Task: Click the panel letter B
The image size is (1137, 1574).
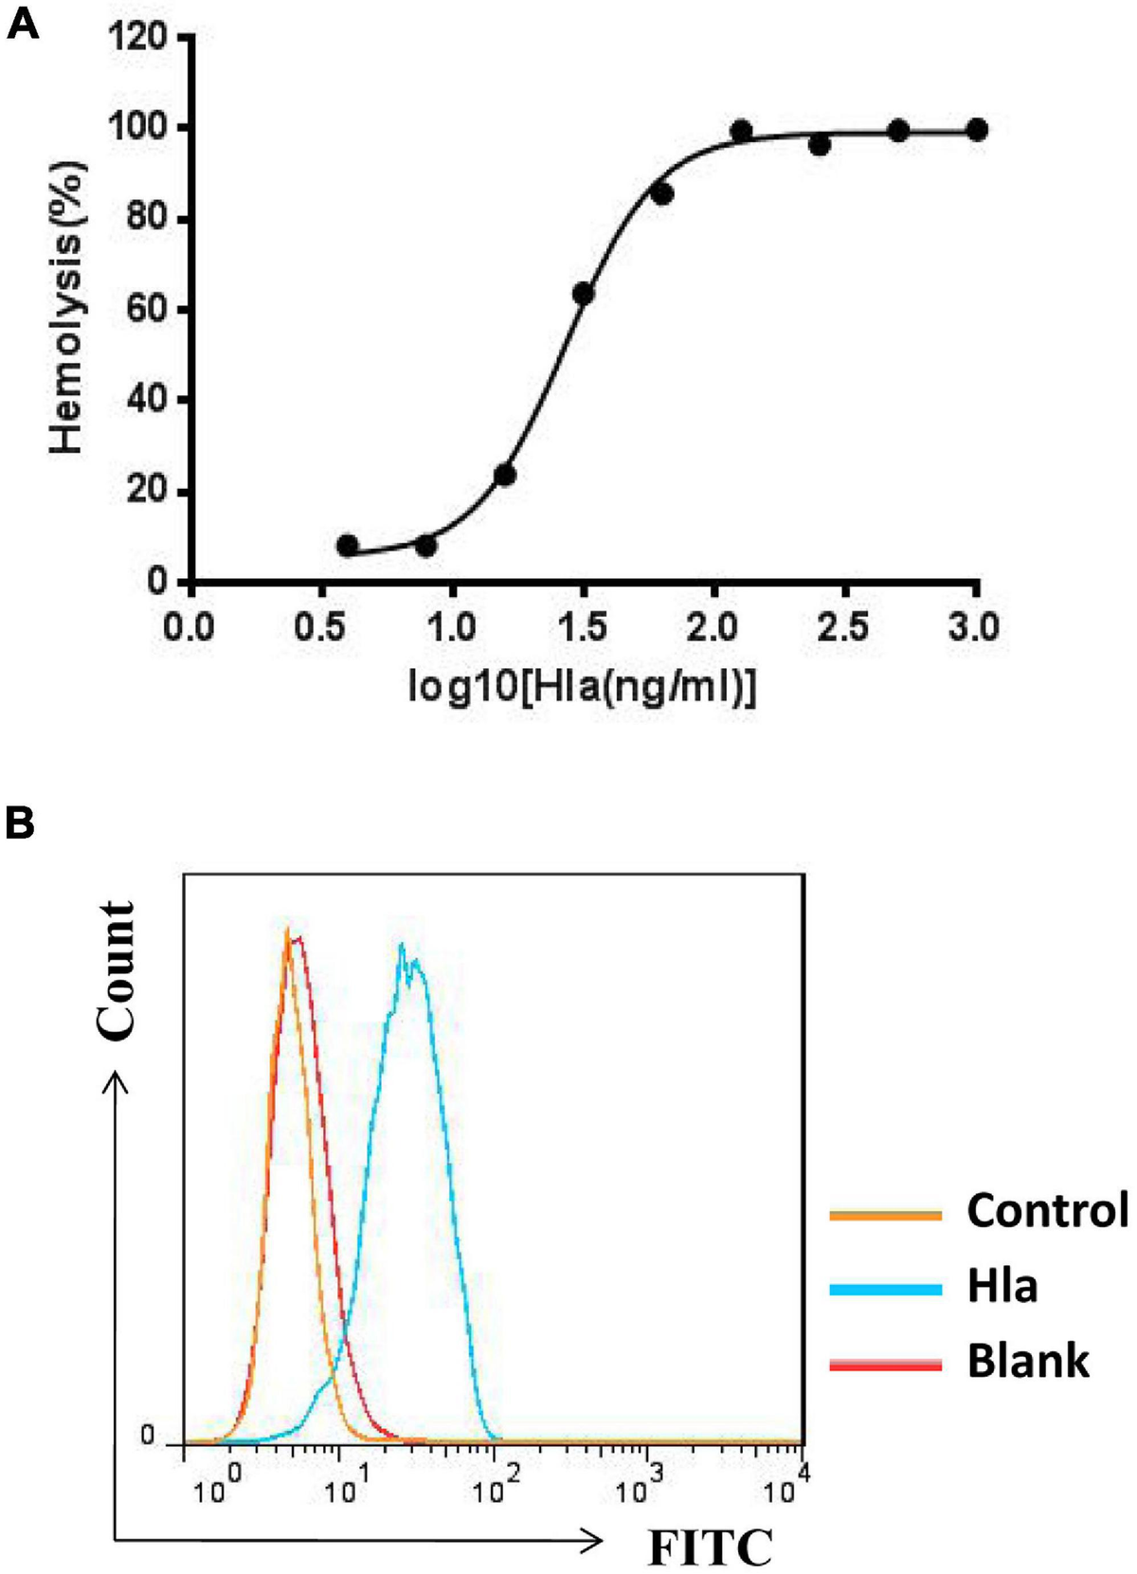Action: coord(21,823)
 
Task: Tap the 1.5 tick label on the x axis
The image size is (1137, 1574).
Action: coord(583,627)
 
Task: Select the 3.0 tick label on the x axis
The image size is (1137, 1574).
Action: coord(976,627)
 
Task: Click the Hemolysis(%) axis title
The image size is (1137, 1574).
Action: coord(68,308)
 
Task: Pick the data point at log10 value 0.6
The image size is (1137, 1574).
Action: coord(348,546)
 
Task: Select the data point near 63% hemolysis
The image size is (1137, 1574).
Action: coord(584,294)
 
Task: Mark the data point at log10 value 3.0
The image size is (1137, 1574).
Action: coord(977,130)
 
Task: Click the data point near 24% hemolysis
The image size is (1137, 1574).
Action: coord(505,475)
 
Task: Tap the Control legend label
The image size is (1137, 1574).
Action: coord(1047,1210)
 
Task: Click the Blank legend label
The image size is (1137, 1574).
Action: coord(1027,1361)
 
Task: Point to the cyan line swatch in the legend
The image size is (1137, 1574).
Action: coord(885,1289)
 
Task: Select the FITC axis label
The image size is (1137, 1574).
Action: coord(710,1547)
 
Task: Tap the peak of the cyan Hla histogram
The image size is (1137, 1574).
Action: coord(403,945)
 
